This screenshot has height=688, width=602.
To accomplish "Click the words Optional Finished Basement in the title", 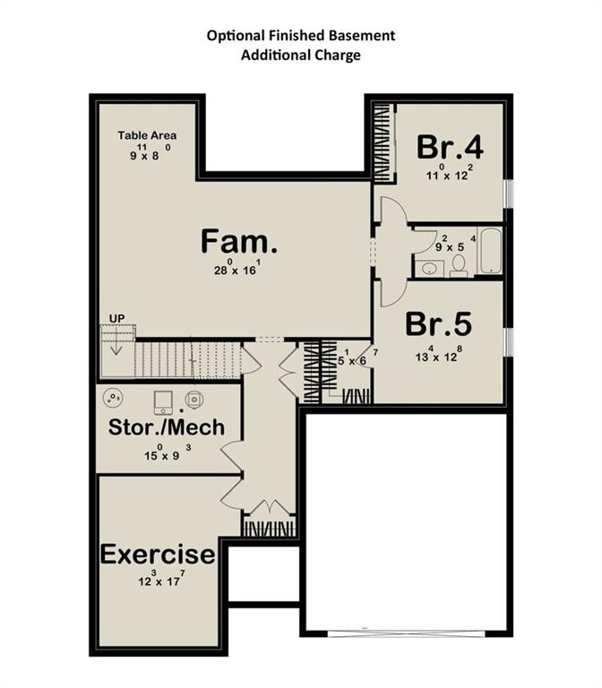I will [300, 36].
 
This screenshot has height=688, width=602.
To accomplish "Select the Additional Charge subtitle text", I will [300, 55].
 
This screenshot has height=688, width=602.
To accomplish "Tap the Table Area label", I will [147, 135].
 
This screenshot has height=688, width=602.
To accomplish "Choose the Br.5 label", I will [439, 323].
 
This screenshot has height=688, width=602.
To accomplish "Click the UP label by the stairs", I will [116, 318].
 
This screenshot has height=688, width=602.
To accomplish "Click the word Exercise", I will [158, 554].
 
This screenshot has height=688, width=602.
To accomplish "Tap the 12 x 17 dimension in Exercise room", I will [157, 580].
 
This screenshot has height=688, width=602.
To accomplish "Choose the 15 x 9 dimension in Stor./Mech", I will [168, 452].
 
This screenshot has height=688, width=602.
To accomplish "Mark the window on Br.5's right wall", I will [507, 340].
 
